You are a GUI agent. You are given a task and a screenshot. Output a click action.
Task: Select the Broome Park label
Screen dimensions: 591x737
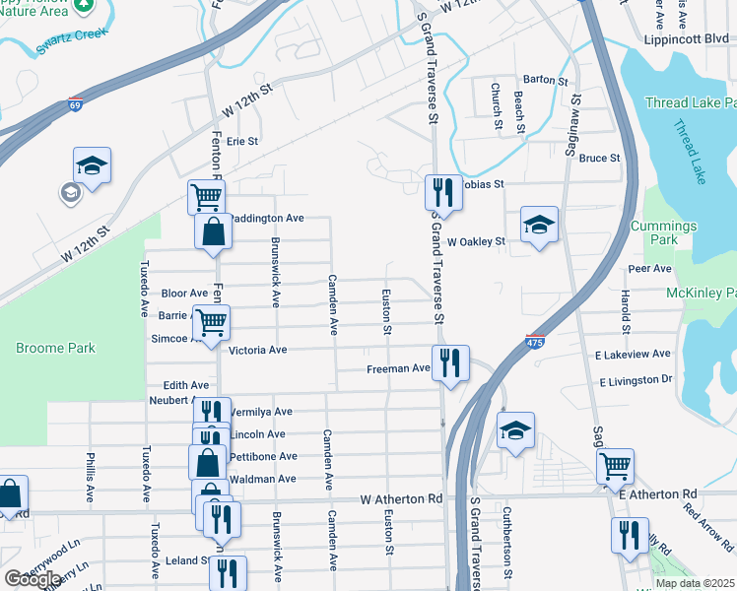55,348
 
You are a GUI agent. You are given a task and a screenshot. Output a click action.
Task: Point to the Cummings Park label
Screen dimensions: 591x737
665,232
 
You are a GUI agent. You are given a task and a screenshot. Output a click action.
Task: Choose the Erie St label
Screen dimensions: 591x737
241,141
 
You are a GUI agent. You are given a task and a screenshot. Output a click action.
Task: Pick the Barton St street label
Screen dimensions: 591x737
547,79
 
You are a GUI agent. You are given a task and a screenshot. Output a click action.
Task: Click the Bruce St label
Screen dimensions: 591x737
599,158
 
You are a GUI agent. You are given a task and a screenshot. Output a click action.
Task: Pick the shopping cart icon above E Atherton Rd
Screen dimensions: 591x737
615,464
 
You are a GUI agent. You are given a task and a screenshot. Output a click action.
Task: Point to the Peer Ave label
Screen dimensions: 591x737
649,268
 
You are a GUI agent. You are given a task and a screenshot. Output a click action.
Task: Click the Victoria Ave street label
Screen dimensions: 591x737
257,350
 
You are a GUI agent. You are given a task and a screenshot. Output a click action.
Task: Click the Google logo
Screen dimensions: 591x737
33,579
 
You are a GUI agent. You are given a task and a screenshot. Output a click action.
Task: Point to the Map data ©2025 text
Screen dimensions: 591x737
695,583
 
